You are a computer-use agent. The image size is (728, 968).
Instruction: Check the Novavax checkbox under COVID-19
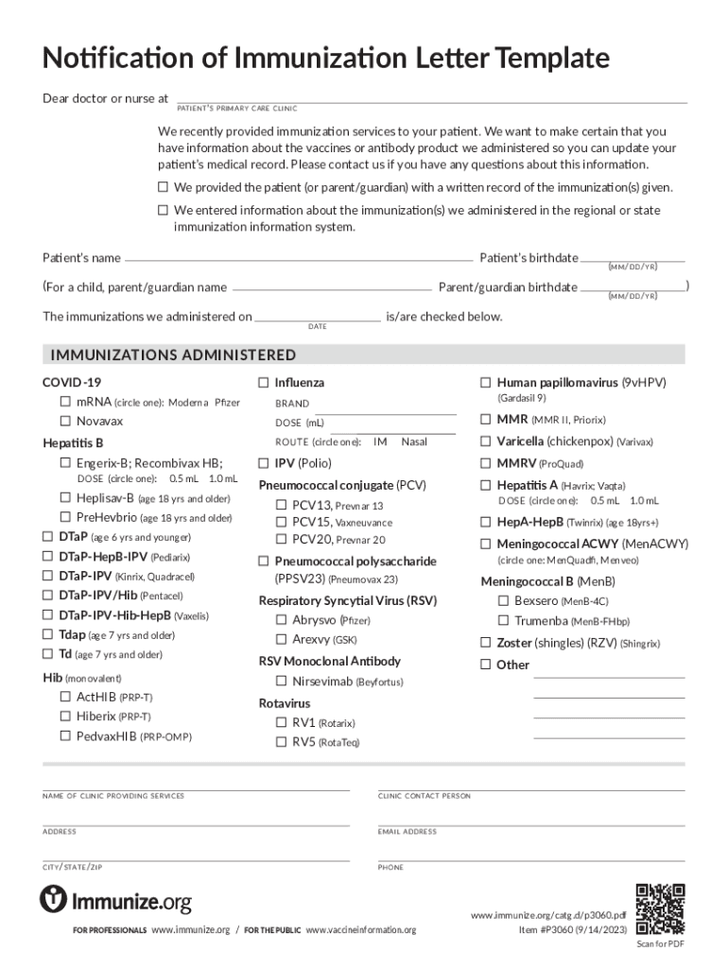[x=66, y=422]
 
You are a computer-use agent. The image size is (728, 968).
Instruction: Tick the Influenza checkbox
[x=264, y=383]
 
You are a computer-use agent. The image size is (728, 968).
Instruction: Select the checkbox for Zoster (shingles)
[x=486, y=643]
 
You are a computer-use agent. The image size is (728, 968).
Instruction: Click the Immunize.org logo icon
[x=53, y=899]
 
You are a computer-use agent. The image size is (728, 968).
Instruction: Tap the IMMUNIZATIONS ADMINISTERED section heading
[x=173, y=355]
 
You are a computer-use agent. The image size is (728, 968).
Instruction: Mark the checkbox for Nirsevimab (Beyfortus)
[x=282, y=682]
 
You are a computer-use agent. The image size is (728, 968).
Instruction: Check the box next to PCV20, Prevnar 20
[x=282, y=540]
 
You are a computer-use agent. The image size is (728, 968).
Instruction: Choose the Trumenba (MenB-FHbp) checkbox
[x=504, y=621]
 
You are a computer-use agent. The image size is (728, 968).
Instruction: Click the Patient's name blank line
[x=298, y=259]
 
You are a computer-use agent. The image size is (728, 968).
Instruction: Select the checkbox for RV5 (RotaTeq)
[x=282, y=742]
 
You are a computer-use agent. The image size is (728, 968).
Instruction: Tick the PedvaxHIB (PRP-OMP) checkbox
[x=66, y=735]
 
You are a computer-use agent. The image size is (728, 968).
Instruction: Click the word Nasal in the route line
[x=414, y=441]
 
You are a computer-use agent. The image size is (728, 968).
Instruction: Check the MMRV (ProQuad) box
[x=486, y=463]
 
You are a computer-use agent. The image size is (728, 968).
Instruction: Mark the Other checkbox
[x=486, y=665]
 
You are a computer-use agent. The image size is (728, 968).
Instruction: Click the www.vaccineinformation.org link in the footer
[x=360, y=930]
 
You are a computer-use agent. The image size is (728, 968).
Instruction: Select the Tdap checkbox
[x=48, y=635]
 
